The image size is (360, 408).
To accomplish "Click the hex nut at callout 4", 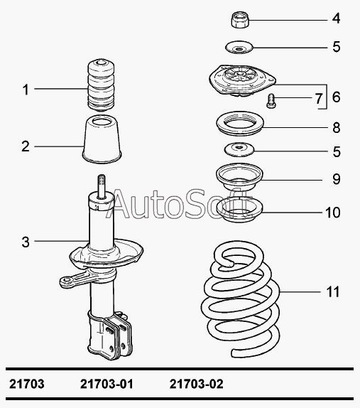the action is click(x=240, y=19).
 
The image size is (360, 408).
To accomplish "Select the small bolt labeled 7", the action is click(x=271, y=101).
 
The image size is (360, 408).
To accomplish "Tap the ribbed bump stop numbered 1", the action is click(x=101, y=85).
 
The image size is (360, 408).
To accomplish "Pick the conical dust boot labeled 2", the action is click(x=102, y=139).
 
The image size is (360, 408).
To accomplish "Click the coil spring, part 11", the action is click(x=241, y=299).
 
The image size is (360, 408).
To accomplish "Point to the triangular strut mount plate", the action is click(x=242, y=80).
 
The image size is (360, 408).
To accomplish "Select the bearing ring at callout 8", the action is click(x=240, y=123).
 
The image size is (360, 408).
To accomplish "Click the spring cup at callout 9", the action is click(x=239, y=176).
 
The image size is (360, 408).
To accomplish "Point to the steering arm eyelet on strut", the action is click(x=67, y=281).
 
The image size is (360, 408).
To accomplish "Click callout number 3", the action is click(x=26, y=242).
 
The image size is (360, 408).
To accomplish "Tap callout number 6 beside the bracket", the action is click(x=336, y=97).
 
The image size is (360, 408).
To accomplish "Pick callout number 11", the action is click(x=333, y=291).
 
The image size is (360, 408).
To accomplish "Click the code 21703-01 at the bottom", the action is click(x=107, y=384).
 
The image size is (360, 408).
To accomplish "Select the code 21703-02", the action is click(x=196, y=384).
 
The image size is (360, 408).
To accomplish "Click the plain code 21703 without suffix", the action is click(x=27, y=384).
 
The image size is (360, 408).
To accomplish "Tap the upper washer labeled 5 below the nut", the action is click(x=239, y=48).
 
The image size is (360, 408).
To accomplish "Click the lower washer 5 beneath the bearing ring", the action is click(x=239, y=150).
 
